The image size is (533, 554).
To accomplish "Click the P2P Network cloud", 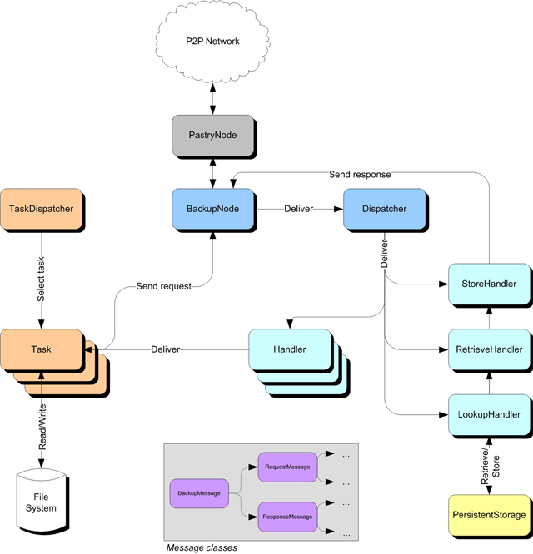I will point(213,42).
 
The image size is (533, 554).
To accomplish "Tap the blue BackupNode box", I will point(212,209).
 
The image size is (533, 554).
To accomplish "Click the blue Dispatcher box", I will point(384,209).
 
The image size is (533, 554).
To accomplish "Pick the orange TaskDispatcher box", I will point(40,209).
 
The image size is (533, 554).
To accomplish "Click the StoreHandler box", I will point(488,284).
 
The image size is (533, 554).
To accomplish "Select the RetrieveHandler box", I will point(488,349).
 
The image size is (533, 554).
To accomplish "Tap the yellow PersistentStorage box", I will point(488,515).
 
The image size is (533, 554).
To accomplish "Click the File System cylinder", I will point(40,503).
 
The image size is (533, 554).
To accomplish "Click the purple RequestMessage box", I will point(287,467).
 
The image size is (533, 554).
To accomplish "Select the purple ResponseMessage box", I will point(287,517).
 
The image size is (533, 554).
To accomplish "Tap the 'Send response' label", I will point(360,175).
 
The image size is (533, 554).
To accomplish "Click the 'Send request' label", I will point(164,286).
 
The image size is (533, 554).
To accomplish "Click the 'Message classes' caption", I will point(201,547).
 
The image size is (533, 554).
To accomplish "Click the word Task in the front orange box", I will point(40,349).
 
